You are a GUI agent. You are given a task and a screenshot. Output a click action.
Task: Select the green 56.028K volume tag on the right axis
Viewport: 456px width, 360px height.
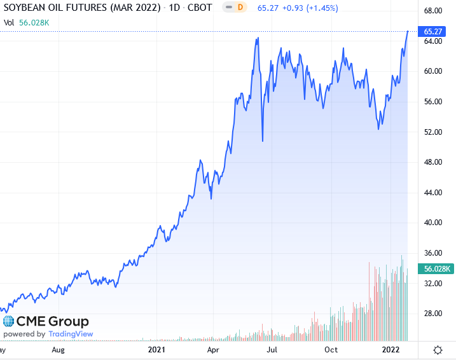click(436, 269)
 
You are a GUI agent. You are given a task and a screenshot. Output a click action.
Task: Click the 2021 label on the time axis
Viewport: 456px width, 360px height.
click(156, 350)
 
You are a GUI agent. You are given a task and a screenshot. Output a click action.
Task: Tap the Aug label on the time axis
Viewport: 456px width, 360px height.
click(58, 350)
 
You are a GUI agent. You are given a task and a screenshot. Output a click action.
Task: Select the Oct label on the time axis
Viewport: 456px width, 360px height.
click(331, 350)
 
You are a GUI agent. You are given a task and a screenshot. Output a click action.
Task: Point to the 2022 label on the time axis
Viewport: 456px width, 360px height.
click(390, 350)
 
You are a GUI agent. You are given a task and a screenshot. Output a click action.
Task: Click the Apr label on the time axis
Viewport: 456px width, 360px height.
click(213, 350)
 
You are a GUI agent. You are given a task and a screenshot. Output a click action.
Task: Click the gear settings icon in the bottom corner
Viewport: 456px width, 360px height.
click(438, 350)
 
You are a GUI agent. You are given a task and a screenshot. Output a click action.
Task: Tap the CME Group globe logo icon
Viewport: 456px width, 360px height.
click(8, 322)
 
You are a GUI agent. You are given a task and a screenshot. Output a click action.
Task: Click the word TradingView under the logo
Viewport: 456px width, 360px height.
click(71, 334)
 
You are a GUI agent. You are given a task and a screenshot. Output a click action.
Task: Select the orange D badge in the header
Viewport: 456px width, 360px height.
click(240, 8)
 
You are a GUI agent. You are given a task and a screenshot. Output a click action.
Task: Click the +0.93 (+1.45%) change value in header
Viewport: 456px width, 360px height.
click(310, 8)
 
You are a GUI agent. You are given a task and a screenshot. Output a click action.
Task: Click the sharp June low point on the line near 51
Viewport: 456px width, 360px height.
click(262, 141)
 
